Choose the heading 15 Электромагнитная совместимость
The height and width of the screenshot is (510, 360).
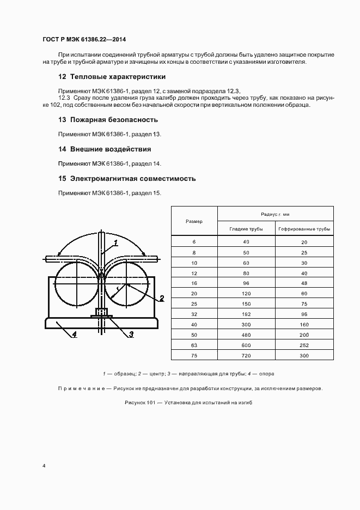click(x=126, y=178)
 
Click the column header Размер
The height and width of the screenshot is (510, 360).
click(x=194, y=221)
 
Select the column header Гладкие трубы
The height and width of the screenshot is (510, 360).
click(x=246, y=229)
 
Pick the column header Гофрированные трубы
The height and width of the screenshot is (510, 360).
click(x=304, y=229)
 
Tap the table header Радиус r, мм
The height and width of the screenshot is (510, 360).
click(x=275, y=215)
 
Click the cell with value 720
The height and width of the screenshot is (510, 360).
click(x=246, y=356)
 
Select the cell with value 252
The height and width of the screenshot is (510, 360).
click(x=304, y=345)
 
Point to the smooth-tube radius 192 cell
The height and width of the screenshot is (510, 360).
click(x=246, y=314)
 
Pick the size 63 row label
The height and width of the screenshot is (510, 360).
click(x=194, y=345)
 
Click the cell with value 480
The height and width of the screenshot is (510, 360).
click(x=246, y=335)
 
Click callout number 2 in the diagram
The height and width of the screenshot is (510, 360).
click(x=162, y=298)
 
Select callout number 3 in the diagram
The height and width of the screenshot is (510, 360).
click(x=131, y=334)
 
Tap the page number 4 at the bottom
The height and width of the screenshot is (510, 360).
click(x=44, y=466)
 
